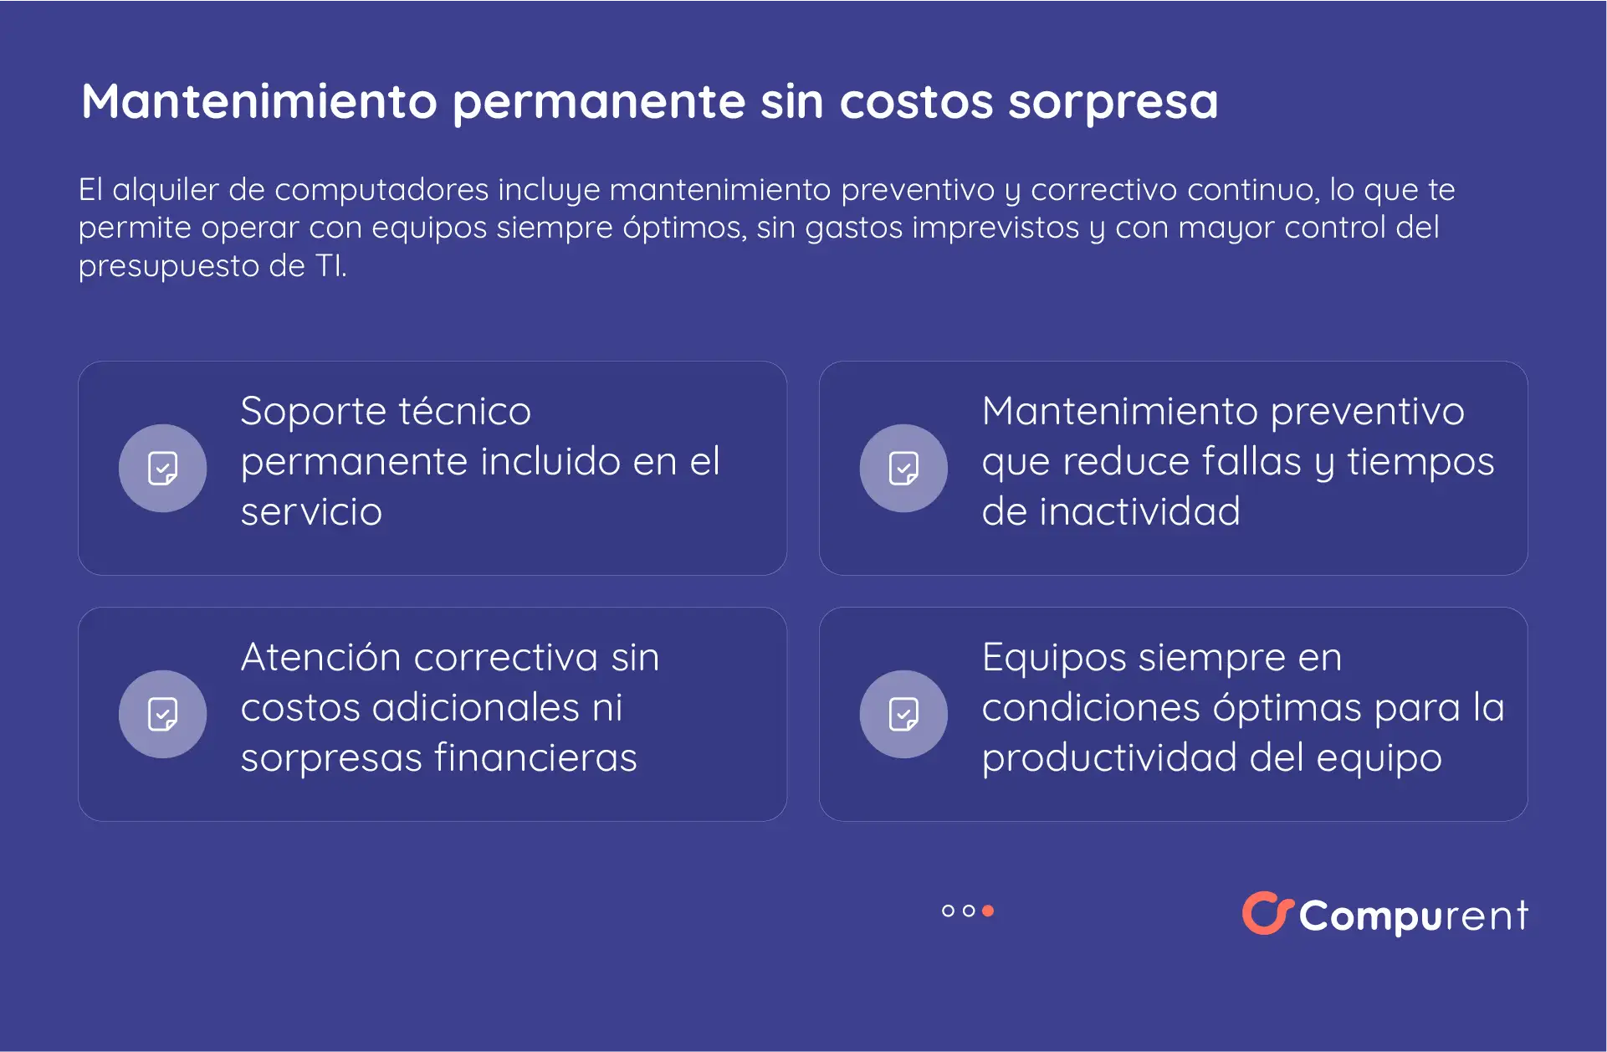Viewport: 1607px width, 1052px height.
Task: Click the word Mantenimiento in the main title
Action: point(259,102)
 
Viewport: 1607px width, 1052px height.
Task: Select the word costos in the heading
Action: point(916,102)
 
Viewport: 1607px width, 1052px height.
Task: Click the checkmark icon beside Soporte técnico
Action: point(162,469)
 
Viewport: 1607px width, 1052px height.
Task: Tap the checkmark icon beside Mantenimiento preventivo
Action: point(903,469)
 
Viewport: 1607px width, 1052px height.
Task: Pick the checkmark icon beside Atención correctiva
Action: point(162,715)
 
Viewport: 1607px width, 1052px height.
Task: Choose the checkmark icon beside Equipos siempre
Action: point(903,715)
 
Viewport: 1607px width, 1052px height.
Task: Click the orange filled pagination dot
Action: point(988,911)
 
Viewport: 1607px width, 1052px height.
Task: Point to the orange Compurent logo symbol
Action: point(1267,913)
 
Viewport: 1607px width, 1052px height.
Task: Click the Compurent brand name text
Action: point(1414,916)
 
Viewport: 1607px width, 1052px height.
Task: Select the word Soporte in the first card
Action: point(313,412)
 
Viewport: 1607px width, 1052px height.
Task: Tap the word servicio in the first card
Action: point(311,512)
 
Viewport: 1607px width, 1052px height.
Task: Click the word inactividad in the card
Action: point(1139,512)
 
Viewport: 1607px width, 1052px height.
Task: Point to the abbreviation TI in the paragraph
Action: point(329,266)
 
